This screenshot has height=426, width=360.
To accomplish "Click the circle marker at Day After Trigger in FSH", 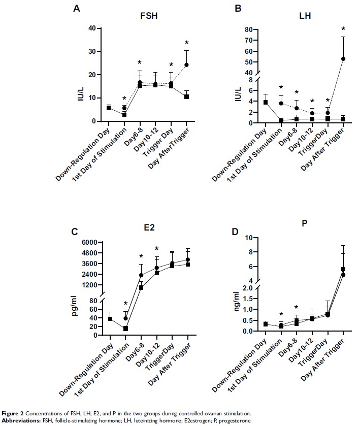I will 186,65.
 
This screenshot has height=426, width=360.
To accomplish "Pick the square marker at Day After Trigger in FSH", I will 186,96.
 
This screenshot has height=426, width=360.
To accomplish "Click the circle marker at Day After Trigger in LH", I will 343,59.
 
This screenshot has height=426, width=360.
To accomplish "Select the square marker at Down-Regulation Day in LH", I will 265,102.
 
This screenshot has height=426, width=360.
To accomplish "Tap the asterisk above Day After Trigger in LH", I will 343,29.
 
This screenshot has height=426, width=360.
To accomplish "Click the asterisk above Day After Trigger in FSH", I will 186,43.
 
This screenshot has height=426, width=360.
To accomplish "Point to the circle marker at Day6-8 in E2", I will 141,275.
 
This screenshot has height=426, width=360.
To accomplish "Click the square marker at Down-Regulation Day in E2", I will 110,318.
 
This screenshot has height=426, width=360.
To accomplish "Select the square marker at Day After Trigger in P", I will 343,269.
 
